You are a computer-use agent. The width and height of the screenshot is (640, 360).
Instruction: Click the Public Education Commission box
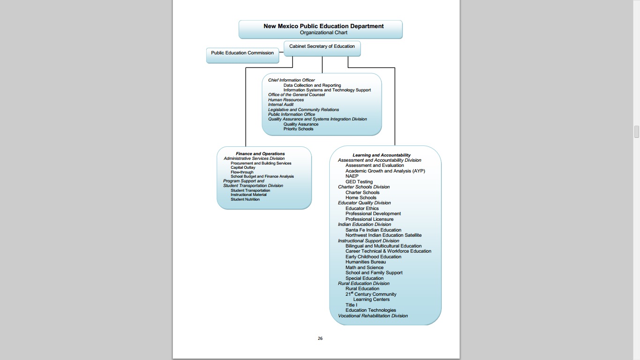point(242,53)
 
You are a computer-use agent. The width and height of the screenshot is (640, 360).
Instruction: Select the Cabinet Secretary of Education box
point(322,46)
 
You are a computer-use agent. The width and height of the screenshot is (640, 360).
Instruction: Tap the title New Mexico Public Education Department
point(323,26)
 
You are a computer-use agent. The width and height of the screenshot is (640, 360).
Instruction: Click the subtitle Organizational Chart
point(323,33)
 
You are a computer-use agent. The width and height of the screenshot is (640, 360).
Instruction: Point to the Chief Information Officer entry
point(291,80)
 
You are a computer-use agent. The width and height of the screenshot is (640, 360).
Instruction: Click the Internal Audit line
point(281,105)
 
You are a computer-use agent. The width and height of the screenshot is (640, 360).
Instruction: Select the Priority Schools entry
point(298,129)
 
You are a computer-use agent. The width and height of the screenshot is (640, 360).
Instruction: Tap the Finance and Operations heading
point(260,154)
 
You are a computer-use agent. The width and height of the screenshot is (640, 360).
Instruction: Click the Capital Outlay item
point(243,167)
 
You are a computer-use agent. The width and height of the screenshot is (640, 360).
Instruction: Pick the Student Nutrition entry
point(245,199)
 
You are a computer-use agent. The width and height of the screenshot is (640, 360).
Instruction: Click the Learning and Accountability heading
point(381,155)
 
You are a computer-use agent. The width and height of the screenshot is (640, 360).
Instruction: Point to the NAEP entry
point(352,176)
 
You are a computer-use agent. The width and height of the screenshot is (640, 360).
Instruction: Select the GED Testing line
point(359,182)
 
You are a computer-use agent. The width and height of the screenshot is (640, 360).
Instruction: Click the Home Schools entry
point(361,198)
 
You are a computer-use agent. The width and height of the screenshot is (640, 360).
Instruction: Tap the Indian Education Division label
point(365,225)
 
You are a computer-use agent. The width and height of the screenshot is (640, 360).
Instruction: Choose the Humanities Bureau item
point(365,262)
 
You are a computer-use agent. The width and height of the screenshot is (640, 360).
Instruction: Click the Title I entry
point(351,305)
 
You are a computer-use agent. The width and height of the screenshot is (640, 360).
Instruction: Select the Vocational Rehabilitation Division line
point(373,316)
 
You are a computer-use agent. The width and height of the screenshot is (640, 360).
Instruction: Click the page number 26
point(320,338)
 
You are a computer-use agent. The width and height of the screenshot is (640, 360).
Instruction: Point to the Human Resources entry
point(286,100)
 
